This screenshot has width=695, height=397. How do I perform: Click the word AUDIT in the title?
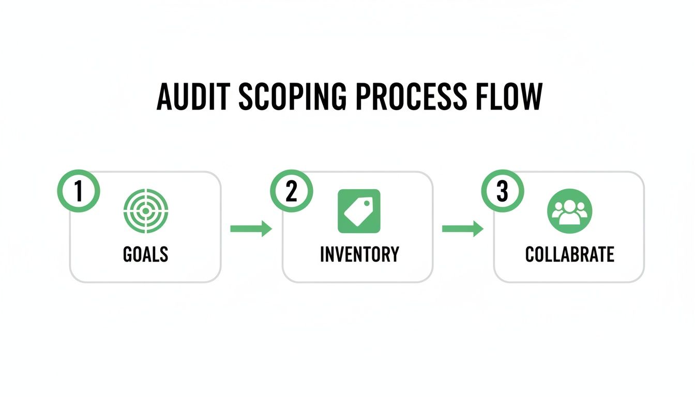click(191, 96)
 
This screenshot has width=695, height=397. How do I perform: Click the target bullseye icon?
click(145, 211)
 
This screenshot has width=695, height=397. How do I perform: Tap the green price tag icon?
click(359, 211)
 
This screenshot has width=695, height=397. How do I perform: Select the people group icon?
click(569, 211)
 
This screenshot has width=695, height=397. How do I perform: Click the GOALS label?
click(145, 254)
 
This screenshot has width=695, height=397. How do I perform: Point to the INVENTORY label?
click(359, 254)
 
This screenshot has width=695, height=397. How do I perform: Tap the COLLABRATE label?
click(569, 254)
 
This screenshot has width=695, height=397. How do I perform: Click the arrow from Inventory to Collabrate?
click(463, 228)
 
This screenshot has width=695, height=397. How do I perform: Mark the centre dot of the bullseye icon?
click(145, 211)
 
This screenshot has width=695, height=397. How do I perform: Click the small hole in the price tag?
click(369, 203)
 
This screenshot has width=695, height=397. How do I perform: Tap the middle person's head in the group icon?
click(569, 205)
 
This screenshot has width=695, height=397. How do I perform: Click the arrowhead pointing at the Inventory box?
click(267, 228)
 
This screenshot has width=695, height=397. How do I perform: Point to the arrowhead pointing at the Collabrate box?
click(478, 228)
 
